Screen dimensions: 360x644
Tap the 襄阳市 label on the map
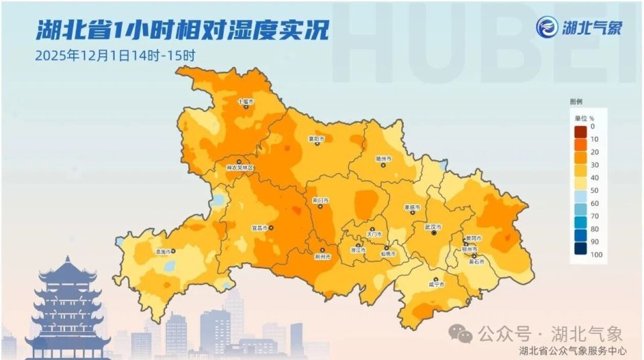click(316, 139)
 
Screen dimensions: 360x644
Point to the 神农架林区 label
click(239, 168)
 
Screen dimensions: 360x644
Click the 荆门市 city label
click(321, 200)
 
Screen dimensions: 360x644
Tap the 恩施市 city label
click(163, 251)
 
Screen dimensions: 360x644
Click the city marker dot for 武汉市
click(434, 233)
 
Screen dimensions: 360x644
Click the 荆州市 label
click(323, 257)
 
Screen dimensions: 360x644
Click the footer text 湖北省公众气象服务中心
click(573, 351)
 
